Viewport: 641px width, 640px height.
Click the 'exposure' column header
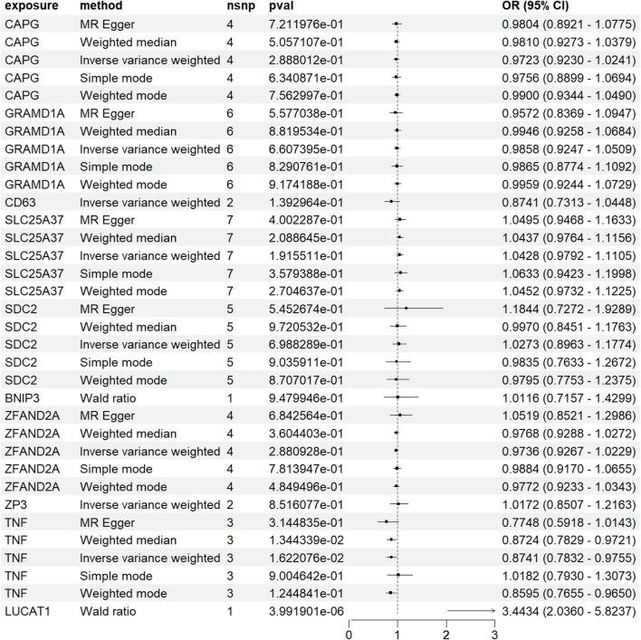[32, 7]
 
